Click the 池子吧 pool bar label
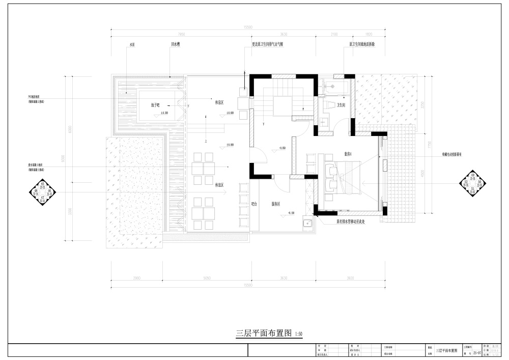155,105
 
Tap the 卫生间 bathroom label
341,105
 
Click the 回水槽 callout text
175,45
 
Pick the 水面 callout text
132,45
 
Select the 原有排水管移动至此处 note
351,221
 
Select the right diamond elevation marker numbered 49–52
472,184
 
